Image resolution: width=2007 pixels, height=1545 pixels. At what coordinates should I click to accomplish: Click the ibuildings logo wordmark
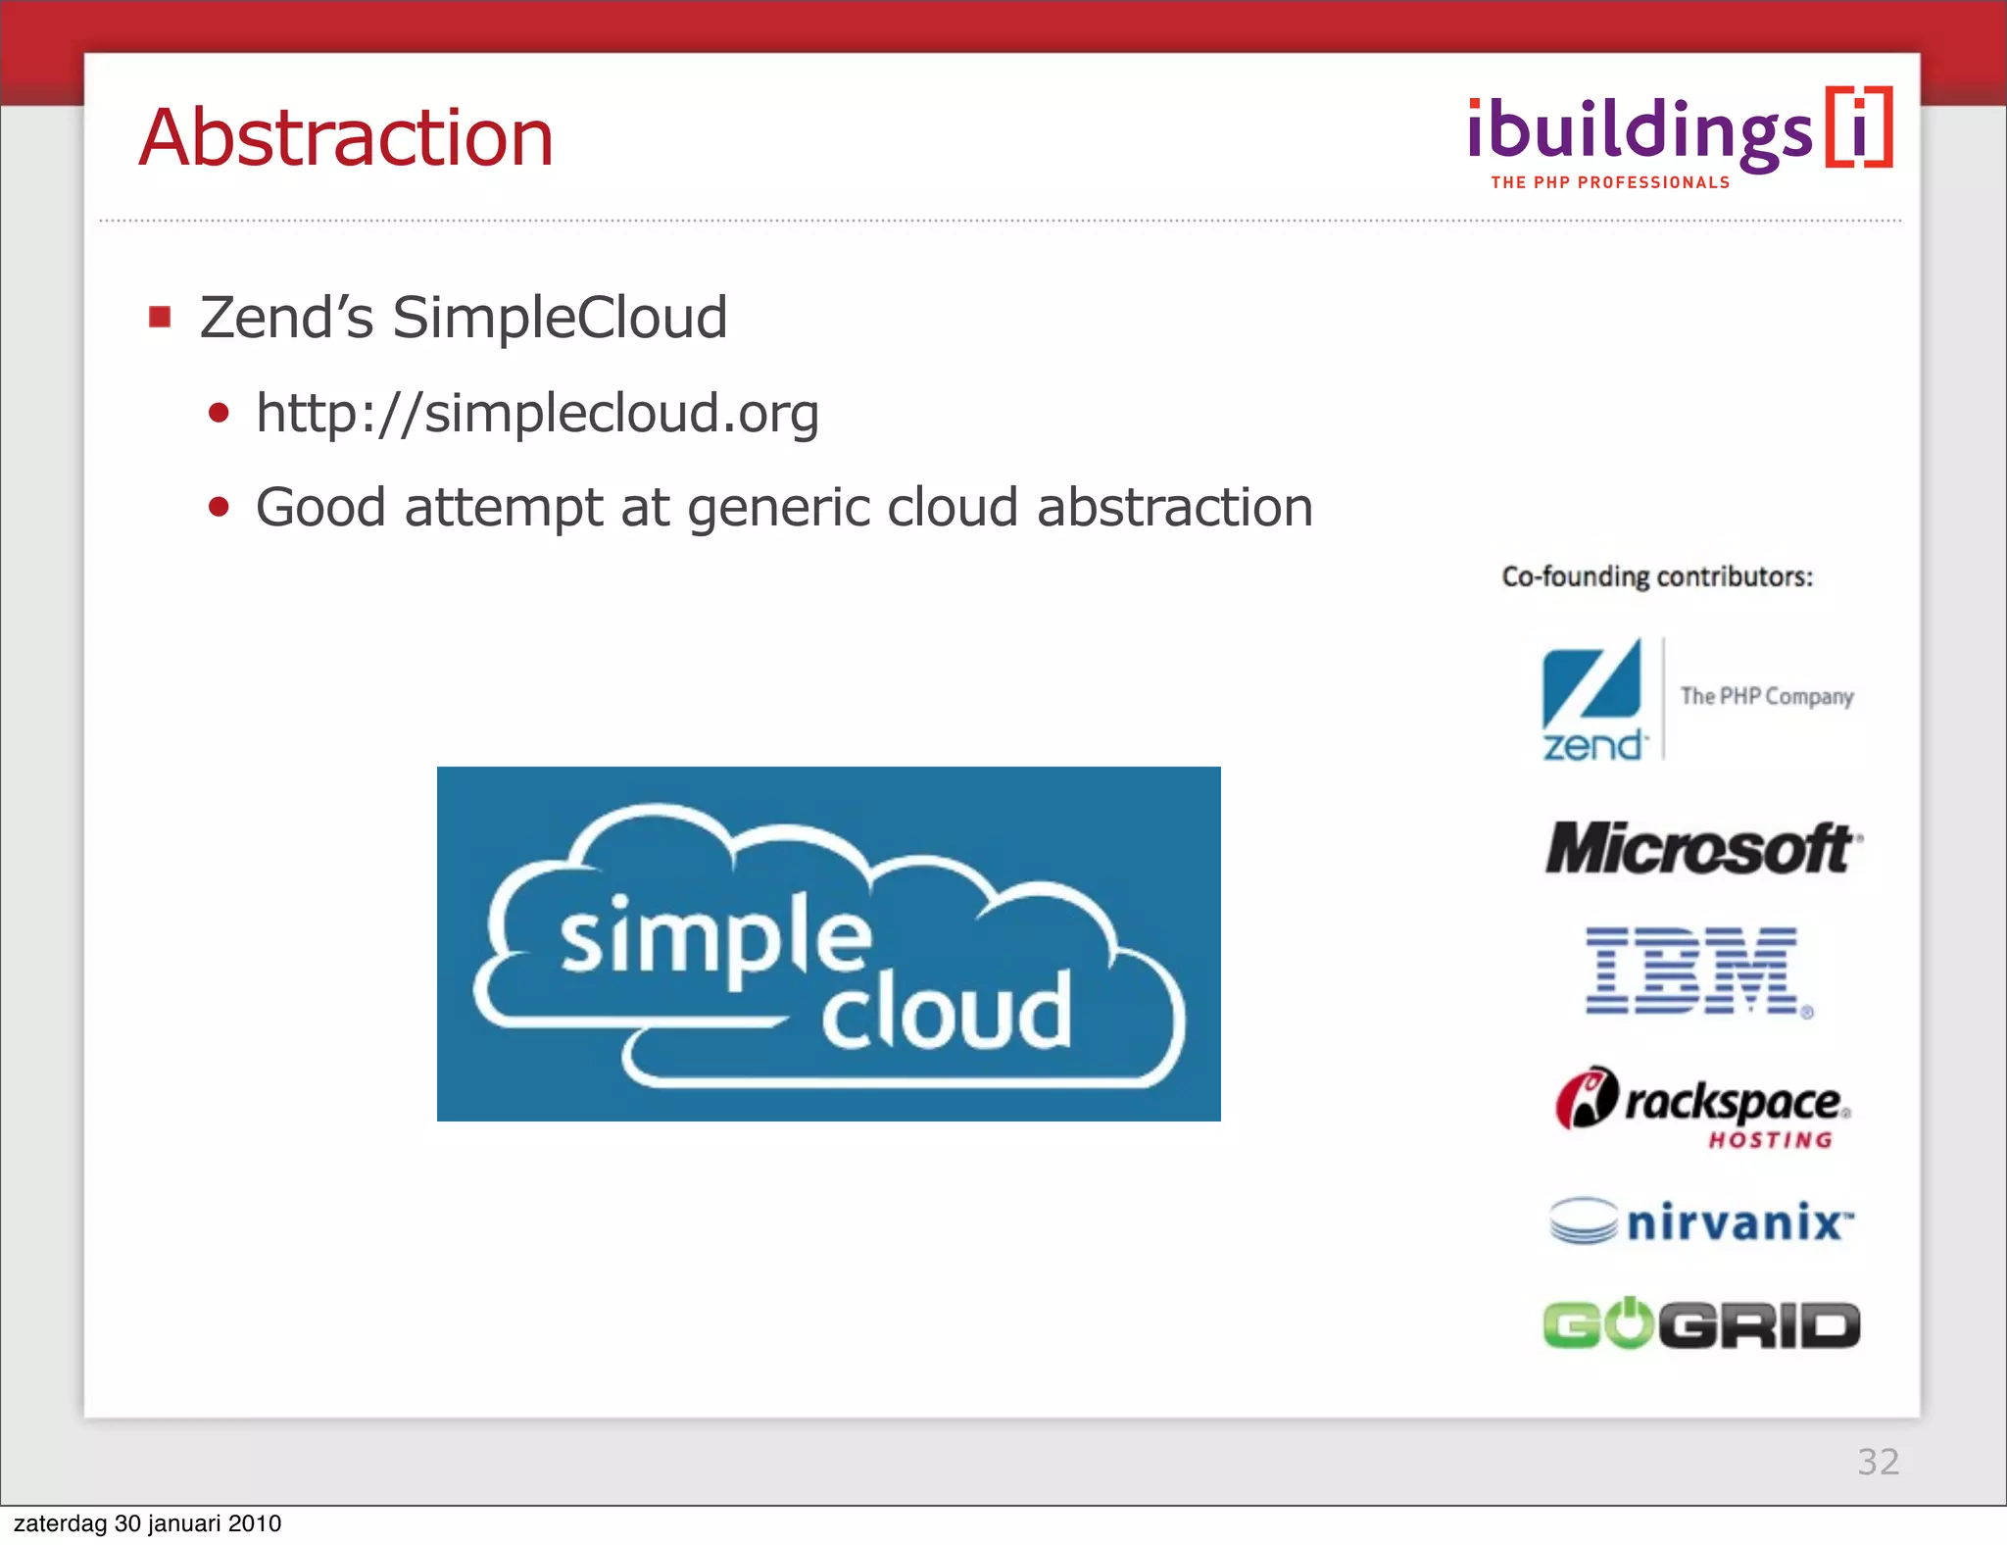(1640, 132)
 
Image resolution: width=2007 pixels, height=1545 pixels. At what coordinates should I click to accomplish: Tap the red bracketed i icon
(1859, 127)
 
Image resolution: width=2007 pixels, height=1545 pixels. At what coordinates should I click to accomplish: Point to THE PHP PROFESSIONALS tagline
(1610, 182)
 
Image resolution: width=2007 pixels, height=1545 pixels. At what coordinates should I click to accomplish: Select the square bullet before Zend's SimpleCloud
(160, 317)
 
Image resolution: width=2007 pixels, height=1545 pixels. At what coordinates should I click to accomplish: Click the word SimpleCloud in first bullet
(560, 317)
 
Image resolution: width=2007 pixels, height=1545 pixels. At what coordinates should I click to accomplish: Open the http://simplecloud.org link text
(537, 412)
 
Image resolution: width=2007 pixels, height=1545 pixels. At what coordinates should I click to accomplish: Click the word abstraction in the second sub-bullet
(1174, 507)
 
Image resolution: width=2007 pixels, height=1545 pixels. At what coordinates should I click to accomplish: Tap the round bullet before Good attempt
(219, 507)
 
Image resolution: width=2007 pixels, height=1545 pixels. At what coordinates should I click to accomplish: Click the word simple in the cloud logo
(715, 939)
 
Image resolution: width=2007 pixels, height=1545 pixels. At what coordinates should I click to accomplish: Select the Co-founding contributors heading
(1657, 576)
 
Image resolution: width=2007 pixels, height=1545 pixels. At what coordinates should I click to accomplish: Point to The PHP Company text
(1767, 696)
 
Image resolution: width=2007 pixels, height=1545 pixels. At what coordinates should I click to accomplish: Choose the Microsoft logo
(1703, 849)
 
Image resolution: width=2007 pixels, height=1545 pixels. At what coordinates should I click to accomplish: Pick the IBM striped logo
(1693, 971)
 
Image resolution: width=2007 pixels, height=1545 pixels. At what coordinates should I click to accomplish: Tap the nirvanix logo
(1703, 1222)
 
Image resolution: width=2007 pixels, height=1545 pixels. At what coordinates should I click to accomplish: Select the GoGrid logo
(1701, 1324)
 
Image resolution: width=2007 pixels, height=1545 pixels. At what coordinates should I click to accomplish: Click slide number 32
(1878, 1462)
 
